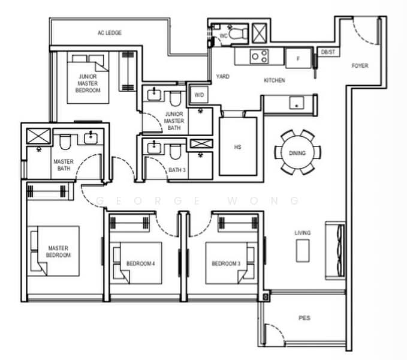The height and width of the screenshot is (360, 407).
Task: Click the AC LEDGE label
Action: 110,33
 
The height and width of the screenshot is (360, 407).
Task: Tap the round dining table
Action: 297,152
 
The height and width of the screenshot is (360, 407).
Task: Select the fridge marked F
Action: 299,58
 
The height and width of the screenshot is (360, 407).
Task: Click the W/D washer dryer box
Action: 199,95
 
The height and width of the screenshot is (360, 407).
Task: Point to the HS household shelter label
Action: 237,147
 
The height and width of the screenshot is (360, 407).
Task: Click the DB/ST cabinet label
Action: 328,52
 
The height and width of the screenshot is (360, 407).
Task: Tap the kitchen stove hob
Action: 260,56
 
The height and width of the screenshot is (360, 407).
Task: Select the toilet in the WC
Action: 237,33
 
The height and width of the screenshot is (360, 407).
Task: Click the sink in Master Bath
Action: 91,138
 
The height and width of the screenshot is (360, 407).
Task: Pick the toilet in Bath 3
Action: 175,152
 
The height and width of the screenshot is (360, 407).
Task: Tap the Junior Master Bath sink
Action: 154,95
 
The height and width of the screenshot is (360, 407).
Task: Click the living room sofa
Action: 335,250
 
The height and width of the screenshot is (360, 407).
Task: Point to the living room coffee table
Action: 303,251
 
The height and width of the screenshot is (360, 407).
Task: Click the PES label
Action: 305,318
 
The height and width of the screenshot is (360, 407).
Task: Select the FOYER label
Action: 360,65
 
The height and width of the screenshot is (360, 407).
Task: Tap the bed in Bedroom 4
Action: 138,263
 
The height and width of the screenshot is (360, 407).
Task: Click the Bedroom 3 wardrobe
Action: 238,223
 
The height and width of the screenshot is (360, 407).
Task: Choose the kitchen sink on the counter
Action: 297,103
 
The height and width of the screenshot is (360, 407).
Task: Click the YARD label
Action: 223,76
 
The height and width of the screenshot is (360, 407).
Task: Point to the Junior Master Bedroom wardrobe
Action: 128,71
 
